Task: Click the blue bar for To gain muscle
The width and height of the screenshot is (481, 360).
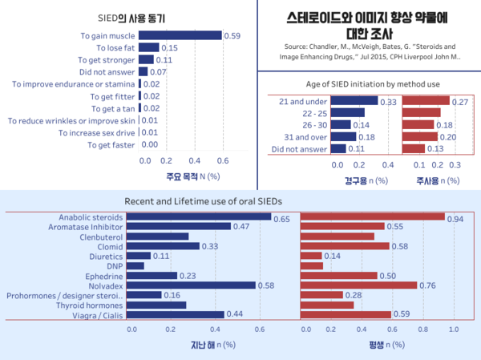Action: coord(180,35)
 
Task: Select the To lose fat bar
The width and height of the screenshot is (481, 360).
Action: coord(148,47)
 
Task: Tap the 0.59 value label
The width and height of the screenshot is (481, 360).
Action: coord(232,35)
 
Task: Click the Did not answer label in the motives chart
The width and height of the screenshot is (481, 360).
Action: coord(107,72)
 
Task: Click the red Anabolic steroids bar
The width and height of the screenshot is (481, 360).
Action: coord(372,217)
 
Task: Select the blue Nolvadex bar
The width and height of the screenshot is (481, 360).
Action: coord(193,285)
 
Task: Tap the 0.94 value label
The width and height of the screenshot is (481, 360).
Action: coord(456,218)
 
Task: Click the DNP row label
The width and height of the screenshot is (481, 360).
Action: coord(115,265)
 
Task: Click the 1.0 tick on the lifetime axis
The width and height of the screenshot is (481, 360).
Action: coord(454,330)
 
